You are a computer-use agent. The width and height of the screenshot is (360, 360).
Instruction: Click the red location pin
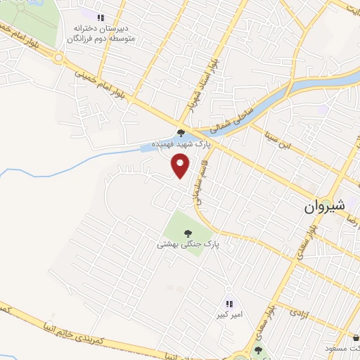(181, 167)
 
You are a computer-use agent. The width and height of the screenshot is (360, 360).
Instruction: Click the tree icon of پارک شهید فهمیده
(181, 131)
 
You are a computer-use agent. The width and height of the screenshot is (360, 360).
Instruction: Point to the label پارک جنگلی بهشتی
(188, 244)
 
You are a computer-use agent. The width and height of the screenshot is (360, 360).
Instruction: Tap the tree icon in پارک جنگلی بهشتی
(188, 233)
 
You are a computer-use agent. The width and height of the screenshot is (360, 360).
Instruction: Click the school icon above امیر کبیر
(229, 304)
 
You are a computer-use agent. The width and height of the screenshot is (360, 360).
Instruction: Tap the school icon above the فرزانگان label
(101, 17)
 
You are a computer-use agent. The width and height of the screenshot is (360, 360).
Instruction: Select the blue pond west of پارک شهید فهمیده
(150, 147)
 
